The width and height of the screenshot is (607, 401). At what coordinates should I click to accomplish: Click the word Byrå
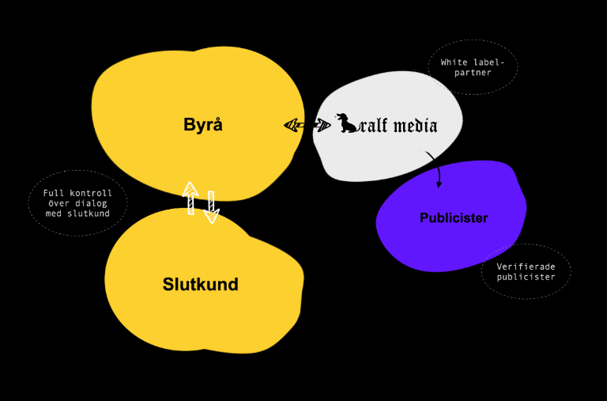coord(203,124)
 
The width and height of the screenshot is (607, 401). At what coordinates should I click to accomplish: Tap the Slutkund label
coord(201,285)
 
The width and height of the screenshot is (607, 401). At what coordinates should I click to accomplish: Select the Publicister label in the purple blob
coord(454,218)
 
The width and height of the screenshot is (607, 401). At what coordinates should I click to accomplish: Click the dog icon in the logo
coord(348,123)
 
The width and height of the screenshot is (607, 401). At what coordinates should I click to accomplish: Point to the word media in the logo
coord(413,125)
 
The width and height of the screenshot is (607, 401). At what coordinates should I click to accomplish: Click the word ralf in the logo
coord(373,125)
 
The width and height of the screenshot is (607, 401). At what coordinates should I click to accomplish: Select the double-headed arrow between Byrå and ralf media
coord(307,125)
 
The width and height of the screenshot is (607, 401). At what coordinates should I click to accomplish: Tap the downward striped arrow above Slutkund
coord(211,207)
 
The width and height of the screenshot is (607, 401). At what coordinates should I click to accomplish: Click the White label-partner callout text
coord(473,67)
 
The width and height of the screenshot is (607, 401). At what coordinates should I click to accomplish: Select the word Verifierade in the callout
coord(526,267)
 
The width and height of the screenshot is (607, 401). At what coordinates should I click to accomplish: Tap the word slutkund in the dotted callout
coord(88,214)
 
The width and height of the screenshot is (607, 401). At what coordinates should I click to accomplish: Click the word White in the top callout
coord(455,62)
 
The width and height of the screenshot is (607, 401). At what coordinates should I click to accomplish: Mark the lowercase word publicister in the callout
coord(526,278)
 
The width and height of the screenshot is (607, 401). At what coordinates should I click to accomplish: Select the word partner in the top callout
coord(473,73)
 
